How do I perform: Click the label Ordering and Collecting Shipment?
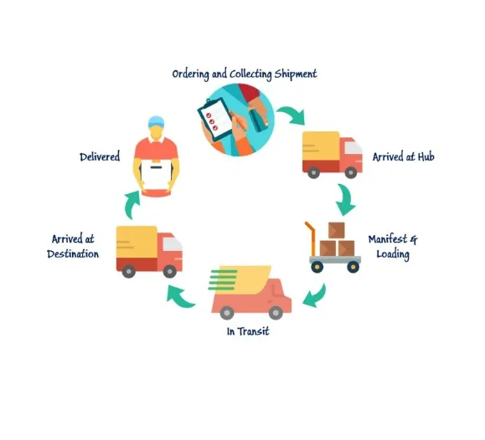pyautogui.click(x=245, y=74)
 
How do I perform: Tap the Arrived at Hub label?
pyautogui.click(x=404, y=157)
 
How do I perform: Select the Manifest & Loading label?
pyautogui.click(x=393, y=247)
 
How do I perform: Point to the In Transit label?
pyautogui.click(x=248, y=331)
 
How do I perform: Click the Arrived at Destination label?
pyautogui.click(x=73, y=247)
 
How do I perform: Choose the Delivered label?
pyautogui.click(x=100, y=157)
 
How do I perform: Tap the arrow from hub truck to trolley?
pyautogui.click(x=347, y=199)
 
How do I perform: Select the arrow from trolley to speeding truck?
pyautogui.click(x=316, y=297)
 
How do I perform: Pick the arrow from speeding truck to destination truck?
pyautogui.click(x=180, y=297)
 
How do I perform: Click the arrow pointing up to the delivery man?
pyautogui.click(x=132, y=205)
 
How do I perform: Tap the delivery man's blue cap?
pyautogui.click(x=156, y=121)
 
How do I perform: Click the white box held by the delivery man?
pyautogui.click(x=156, y=174)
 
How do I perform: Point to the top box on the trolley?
pyautogui.click(x=337, y=230)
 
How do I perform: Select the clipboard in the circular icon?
pyautogui.click(x=215, y=119)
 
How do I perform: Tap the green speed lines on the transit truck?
pyautogui.click(x=223, y=280)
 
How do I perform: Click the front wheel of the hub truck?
pyautogui.click(x=351, y=172)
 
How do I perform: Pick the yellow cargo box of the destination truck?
pyautogui.click(x=137, y=243)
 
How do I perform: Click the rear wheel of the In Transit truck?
pyautogui.click(x=227, y=313)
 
